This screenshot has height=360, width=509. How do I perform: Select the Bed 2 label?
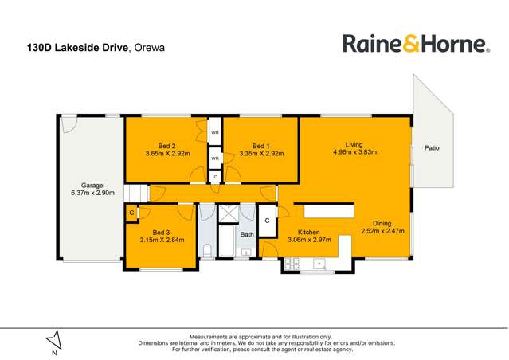[x=166, y=146]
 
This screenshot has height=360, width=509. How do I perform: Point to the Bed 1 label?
[x=260, y=146]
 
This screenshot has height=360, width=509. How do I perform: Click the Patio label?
[x=431, y=147]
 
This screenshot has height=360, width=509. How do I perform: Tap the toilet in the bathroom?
[x=207, y=251]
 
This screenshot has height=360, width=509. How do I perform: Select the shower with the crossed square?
[x=227, y=213]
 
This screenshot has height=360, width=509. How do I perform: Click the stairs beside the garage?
[x=139, y=193]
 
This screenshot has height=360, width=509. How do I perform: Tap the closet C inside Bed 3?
[x=131, y=213]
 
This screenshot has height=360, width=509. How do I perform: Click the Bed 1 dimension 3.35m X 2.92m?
[x=260, y=153]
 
